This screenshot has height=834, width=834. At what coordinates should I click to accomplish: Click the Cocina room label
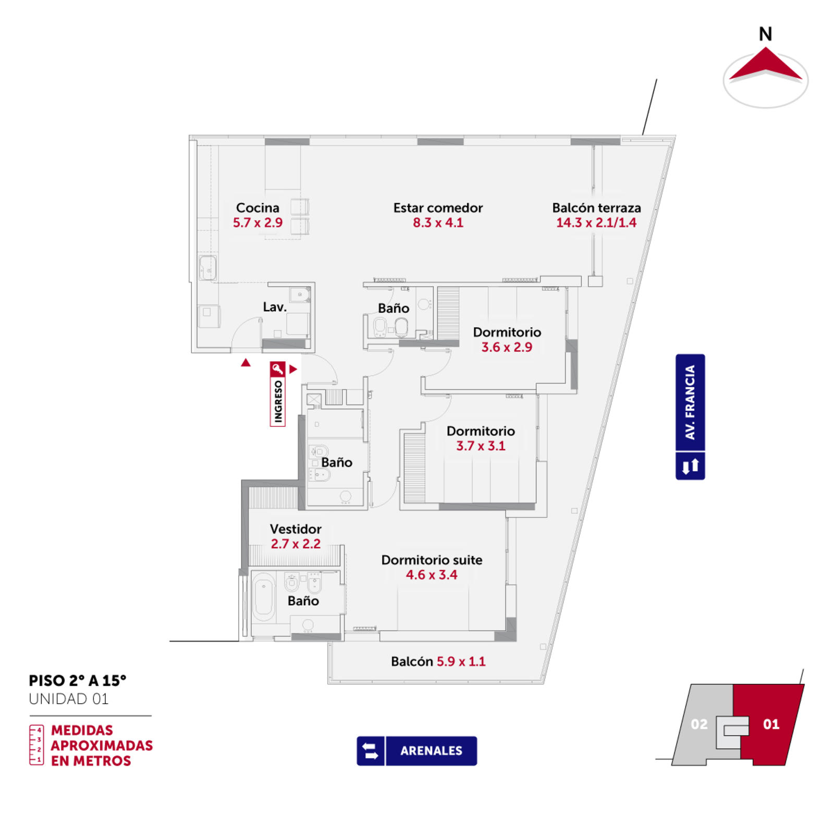click(257, 208)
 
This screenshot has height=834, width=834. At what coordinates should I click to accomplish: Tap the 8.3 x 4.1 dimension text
click(438, 223)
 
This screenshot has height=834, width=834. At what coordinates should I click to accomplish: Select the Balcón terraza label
click(596, 208)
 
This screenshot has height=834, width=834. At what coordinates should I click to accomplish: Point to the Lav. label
click(275, 307)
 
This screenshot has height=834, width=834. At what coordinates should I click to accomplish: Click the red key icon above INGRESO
click(278, 369)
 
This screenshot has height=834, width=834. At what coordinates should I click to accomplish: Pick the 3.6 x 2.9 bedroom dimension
click(507, 347)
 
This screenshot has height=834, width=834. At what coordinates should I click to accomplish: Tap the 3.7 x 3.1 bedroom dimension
click(481, 446)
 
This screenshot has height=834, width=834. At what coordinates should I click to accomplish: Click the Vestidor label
click(296, 529)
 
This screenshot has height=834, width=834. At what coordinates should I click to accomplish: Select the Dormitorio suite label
click(432, 560)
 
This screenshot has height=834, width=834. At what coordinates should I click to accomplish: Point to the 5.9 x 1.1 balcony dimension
click(461, 661)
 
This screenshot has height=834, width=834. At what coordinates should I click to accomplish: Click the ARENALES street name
click(431, 751)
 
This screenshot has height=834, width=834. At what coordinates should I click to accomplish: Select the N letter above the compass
click(765, 34)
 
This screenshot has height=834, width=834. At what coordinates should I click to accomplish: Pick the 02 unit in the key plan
click(699, 724)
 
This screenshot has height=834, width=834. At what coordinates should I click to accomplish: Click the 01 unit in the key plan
click(771, 724)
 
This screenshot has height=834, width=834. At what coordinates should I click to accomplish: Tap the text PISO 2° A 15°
click(78, 681)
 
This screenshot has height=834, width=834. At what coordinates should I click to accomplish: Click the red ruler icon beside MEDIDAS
click(36, 745)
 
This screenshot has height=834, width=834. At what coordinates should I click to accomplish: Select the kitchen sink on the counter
click(208, 268)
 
